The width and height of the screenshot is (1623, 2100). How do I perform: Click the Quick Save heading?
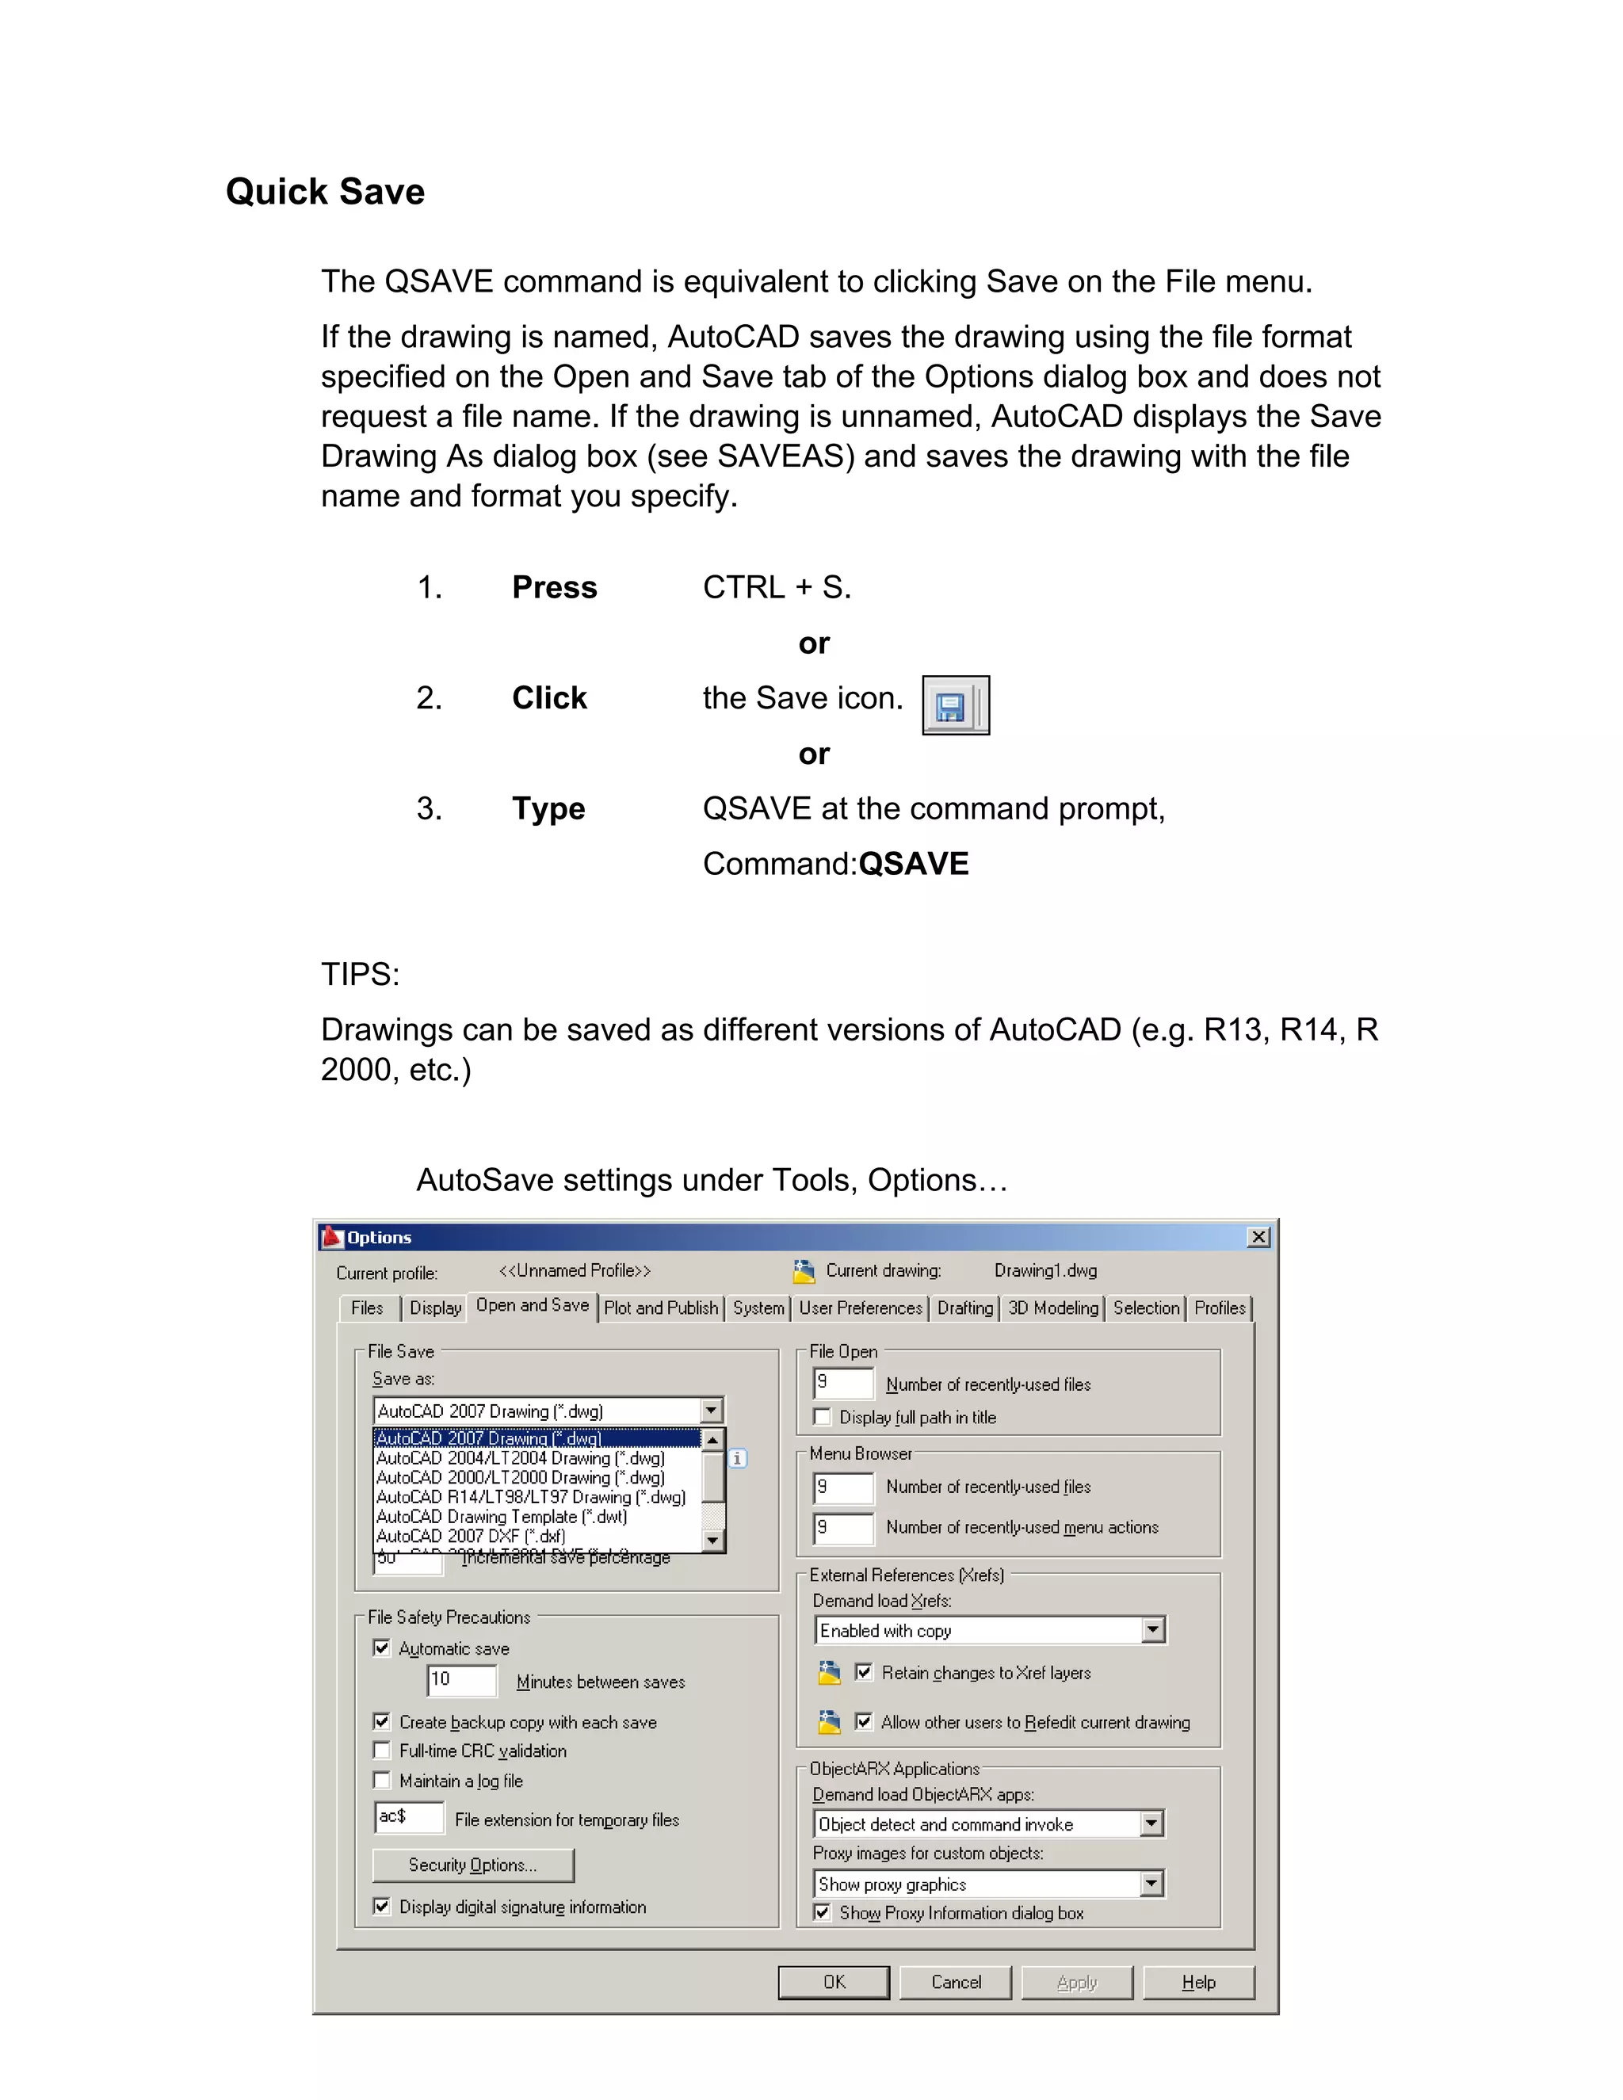tap(325, 191)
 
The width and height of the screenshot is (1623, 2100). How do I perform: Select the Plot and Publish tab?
tap(661, 1308)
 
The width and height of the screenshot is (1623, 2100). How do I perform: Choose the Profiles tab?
tap(1219, 1308)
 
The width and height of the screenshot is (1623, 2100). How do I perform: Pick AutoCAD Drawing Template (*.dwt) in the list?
tap(502, 1516)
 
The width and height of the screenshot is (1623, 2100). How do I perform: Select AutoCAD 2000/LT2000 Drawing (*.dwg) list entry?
tap(520, 1477)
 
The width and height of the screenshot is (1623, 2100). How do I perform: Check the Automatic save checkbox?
tap(382, 1648)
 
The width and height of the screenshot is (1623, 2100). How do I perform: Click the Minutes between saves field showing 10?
tap(461, 1680)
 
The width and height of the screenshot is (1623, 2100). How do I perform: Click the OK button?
tap(834, 1982)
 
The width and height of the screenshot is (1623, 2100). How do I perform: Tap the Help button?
tap(1198, 1982)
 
